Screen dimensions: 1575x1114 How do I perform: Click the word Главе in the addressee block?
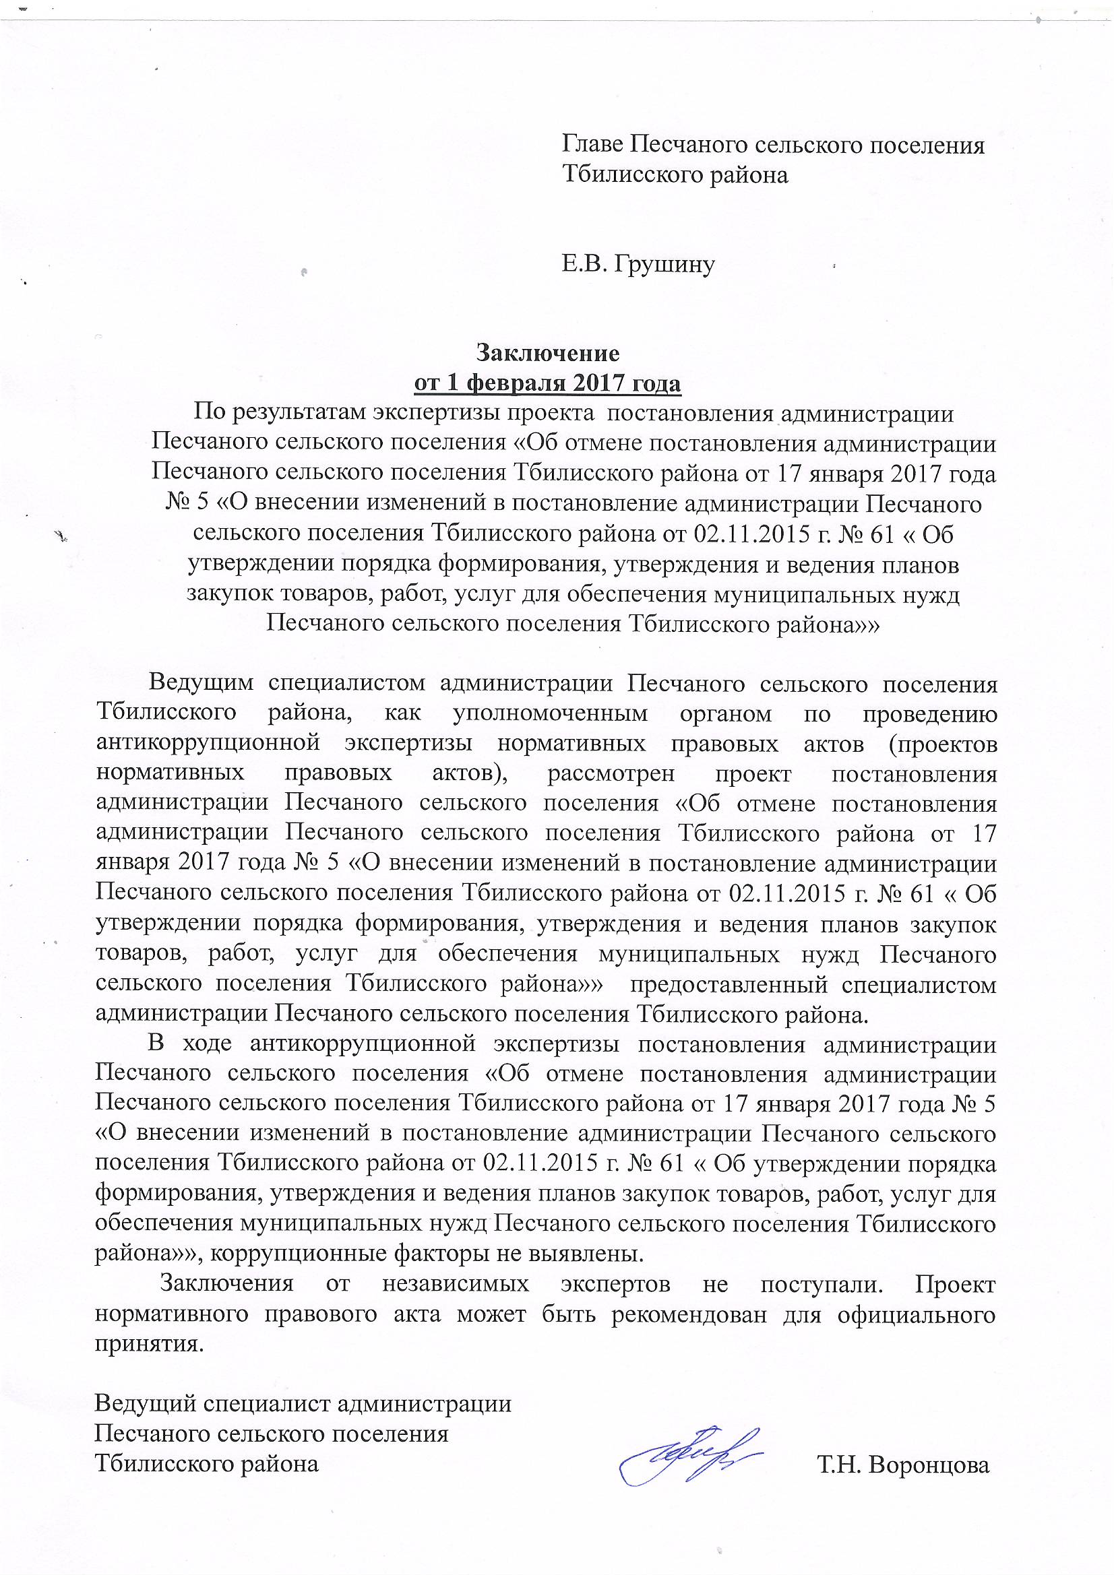click(592, 145)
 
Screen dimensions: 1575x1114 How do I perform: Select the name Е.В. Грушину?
click(638, 264)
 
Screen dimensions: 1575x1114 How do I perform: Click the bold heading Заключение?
click(548, 353)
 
